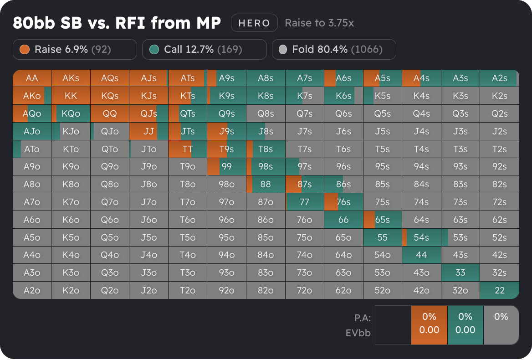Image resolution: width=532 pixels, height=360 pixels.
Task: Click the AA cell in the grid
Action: pyautogui.click(x=32, y=78)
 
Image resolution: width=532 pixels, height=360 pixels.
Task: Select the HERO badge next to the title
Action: pyautogui.click(x=254, y=23)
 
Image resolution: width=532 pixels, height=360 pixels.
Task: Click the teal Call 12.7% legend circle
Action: pyautogui.click(x=154, y=49)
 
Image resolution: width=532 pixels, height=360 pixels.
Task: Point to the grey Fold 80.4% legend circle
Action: pyautogui.click(x=283, y=49)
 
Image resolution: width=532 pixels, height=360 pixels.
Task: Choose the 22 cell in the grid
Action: pyautogui.click(x=500, y=290)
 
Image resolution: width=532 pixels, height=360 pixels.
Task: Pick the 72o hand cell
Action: pyautogui.click(x=304, y=290)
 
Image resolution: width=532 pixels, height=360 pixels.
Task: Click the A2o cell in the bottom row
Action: pyautogui.click(x=32, y=290)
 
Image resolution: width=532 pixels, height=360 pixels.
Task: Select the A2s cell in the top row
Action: pyautogui.click(x=500, y=78)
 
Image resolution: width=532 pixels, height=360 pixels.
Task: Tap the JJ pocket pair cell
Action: pyautogui.click(x=148, y=131)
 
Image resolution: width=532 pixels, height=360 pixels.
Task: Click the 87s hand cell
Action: pyautogui.click(x=304, y=184)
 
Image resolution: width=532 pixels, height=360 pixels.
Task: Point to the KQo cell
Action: pyautogui.click(x=71, y=113)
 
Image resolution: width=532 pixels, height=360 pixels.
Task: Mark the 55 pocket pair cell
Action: pyautogui.click(x=382, y=237)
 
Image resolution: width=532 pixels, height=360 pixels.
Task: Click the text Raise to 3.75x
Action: pyautogui.click(x=319, y=23)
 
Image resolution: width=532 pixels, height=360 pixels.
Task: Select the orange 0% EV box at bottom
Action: pyautogui.click(x=429, y=324)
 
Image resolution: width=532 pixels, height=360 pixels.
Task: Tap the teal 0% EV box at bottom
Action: pyautogui.click(x=465, y=324)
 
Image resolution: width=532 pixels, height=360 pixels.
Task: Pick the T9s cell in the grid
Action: pyautogui.click(x=226, y=149)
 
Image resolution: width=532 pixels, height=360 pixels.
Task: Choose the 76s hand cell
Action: pyautogui.click(x=343, y=202)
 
